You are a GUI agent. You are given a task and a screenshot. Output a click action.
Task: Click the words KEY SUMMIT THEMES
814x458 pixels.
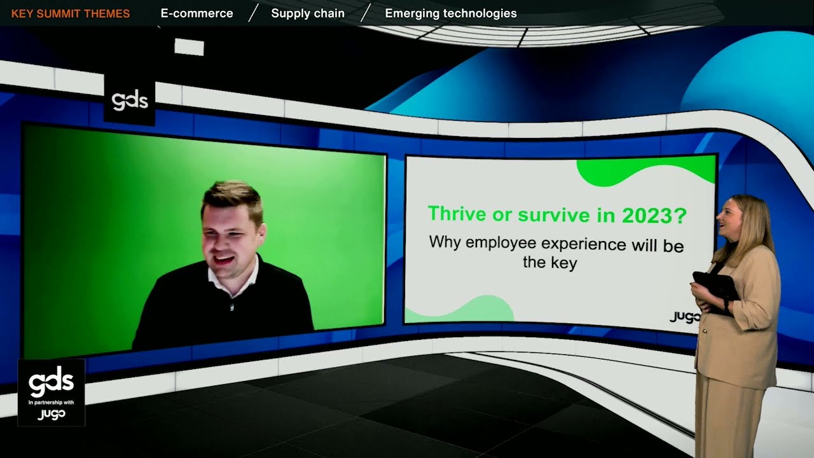pos(71,13)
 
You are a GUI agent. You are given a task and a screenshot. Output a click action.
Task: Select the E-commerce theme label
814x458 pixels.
pos(197,13)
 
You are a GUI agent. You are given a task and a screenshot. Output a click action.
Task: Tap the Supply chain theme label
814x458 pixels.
pos(308,13)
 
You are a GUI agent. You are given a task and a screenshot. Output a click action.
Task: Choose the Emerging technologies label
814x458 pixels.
pos(451,13)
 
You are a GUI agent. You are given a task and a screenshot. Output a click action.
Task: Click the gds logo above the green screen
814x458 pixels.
pos(129,101)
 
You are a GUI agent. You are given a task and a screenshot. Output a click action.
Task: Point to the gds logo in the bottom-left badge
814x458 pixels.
pos(51,383)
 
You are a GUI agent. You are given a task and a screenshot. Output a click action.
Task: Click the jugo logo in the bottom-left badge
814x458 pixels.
pos(51,414)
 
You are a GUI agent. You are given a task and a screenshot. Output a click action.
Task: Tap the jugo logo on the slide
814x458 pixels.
pos(685,316)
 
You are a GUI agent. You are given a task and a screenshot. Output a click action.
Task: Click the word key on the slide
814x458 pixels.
pos(563,263)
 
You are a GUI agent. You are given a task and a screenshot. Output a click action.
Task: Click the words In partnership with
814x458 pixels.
pos(51,402)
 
